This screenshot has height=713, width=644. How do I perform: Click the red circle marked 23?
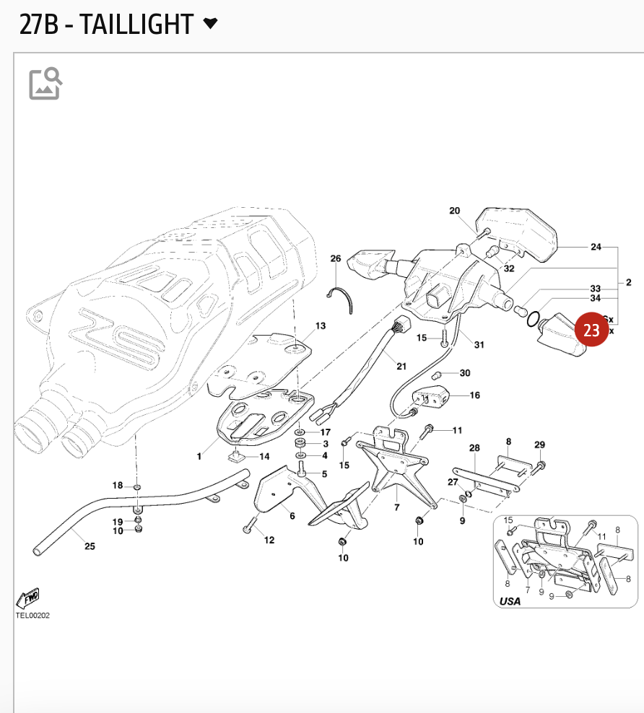pyautogui.click(x=591, y=331)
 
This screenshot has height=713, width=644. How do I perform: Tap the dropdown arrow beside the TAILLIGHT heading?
pyautogui.click(x=210, y=24)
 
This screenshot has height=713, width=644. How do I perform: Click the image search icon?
pyautogui.click(x=45, y=84)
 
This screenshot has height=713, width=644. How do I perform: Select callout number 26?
pyautogui.click(x=336, y=258)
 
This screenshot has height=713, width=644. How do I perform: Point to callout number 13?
pyautogui.click(x=321, y=326)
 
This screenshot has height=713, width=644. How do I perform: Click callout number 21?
pyautogui.click(x=401, y=367)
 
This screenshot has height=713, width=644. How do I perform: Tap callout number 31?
pyautogui.click(x=479, y=344)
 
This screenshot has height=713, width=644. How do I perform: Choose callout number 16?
pyautogui.click(x=474, y=395)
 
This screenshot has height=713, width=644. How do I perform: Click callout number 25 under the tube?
pyautogui.click(x=90, y=546)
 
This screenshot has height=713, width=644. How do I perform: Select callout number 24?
pyautogui.click(x=596, y=247)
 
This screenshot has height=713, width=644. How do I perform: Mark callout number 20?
pyautogui.click(x=454, y=211)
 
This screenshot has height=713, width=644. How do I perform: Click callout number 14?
pyautogui.click(x=264, y=456)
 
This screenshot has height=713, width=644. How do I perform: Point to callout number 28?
pyautogui.click(x=474, y=448)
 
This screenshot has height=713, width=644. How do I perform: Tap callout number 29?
pyautogui.click(x=540, y=445)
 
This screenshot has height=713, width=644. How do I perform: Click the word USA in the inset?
pyautogui.click(x=510, y=600)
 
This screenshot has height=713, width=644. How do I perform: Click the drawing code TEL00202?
pyautogui.click(x=32, y=616)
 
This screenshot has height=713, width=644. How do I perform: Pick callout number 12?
pyautogui.click(x=269, y=540)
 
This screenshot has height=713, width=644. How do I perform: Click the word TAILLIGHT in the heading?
pyautogui.click(x=136, y=25)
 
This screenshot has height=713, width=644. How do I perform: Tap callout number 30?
pyautogui.click(x=465, y=373)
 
